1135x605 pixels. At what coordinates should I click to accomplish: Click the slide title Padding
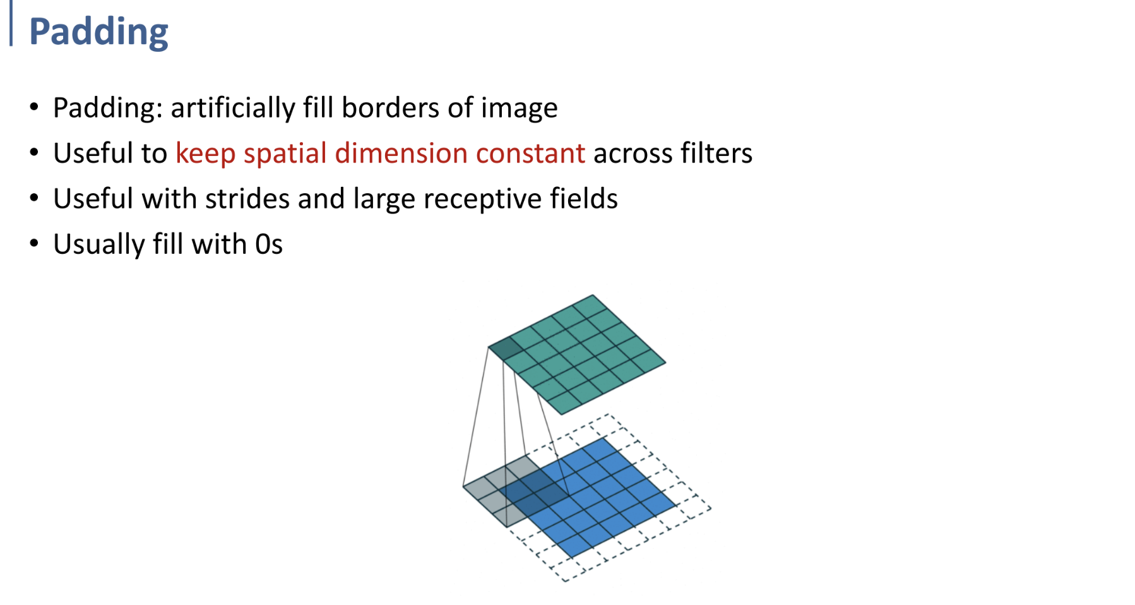click(98, 32)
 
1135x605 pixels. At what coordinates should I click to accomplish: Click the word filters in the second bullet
click(716, 153)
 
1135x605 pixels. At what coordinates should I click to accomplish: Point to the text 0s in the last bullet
click(269, 244)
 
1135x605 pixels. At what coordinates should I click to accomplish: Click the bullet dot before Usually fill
click(34, 243)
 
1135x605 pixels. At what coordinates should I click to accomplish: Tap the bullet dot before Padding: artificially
click(34, 107)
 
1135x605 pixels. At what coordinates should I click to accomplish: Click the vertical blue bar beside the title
click(11, 23)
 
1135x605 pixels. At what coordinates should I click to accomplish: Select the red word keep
click(205, 153)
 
